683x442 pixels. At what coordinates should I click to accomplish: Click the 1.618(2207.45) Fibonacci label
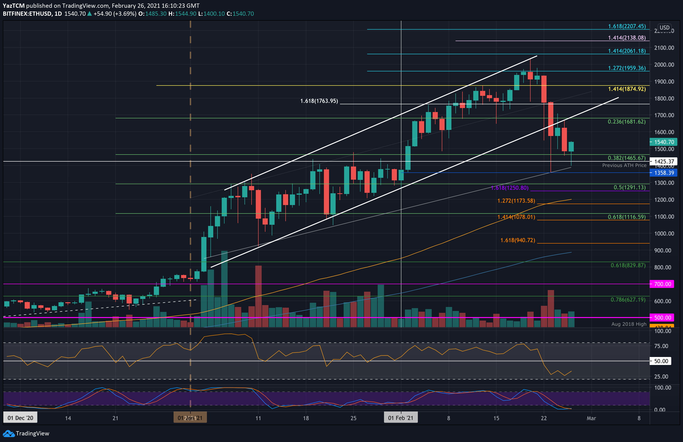pos(627,26)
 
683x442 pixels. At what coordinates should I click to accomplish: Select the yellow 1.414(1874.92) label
pos(627,89)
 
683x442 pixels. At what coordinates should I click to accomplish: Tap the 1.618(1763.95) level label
pos(319,101)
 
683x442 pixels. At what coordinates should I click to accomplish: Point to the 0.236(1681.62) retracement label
pos(626,122)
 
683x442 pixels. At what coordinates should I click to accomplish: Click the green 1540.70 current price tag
pos(664,142)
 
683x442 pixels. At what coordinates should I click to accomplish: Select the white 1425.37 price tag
pos(664,162)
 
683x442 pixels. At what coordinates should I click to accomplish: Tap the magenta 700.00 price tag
pos(662,284)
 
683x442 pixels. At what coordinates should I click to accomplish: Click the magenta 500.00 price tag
pos(662,318)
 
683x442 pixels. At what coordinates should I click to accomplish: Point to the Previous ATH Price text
pos(624,165)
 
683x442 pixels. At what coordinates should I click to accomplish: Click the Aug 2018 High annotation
pos(629,324)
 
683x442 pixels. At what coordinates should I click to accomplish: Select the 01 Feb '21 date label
pos(401,418)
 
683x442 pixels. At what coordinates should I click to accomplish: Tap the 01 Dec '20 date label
pos(20,418)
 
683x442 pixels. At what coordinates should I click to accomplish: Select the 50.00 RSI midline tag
pos(661,361)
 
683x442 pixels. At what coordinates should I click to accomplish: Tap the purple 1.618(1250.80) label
pos(510,188)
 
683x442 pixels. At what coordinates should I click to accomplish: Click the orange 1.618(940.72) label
pos(518,240)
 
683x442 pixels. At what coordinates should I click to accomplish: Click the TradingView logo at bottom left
pos(26,433)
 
